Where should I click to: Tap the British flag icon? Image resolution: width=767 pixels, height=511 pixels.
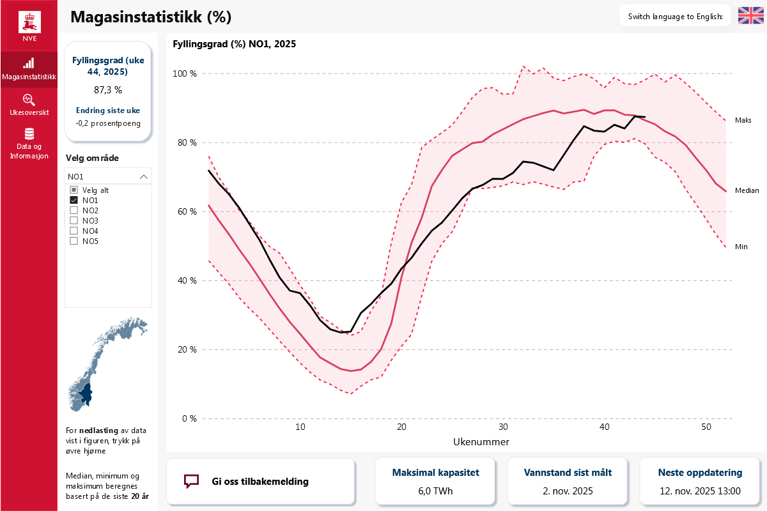tap(750, 16)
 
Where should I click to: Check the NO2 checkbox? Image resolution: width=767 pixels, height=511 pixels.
tap(74, 210)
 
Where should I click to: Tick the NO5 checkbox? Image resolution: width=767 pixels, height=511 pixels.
tap(74, 241)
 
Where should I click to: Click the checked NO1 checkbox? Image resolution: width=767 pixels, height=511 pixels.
tap(74, 200)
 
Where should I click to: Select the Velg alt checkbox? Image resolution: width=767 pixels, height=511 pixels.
tap(74, 190)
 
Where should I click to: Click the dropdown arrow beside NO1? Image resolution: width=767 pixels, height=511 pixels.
tap(144, 176)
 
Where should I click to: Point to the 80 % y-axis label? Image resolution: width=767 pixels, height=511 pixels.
tap(185, 142)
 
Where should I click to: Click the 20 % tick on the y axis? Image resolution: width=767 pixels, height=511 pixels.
tap(185, 349)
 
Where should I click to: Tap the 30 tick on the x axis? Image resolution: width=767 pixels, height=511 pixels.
tap(503, 427)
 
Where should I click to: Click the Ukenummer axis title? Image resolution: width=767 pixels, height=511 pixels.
tap(481, 441)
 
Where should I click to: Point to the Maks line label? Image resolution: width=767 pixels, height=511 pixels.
tap(743, 120)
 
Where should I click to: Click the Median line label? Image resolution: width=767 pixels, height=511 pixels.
tap(747, 190)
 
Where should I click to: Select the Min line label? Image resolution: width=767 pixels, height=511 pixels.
tap(741, 247)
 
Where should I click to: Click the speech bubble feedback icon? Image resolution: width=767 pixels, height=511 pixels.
tap(191, 481)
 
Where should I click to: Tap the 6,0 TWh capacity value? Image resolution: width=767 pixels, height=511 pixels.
tap(435, 491)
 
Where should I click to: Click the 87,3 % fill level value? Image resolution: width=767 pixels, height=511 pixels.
tap(108, 90)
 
